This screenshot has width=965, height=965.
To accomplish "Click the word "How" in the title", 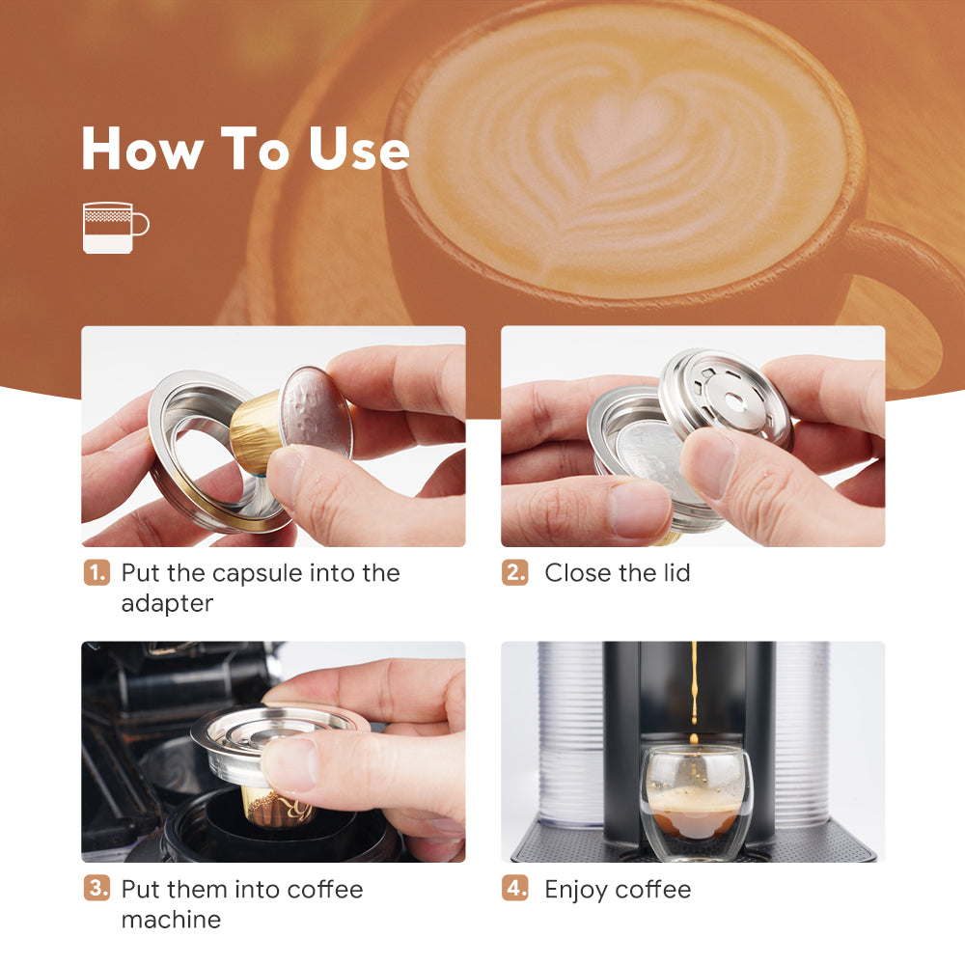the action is pos(143,149).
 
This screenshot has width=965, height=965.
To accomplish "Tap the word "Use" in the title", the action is pos(358,149).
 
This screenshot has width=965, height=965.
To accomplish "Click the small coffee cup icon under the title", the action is pos(116,228).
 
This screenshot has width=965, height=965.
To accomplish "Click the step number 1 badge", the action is pos(96,573).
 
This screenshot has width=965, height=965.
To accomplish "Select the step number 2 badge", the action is pos(515,573).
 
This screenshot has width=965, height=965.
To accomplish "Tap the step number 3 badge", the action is pos(96,889).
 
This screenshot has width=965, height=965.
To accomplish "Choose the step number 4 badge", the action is pos(515,889).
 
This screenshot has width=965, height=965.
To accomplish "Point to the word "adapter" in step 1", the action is pos(167,604).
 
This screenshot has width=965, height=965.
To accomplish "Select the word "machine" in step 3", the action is pos(171,920).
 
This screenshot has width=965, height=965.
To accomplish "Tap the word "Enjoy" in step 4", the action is pos(576,891).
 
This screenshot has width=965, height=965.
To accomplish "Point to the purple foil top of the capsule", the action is pos(317,413).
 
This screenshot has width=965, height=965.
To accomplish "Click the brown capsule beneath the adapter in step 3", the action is pos(277,806).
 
